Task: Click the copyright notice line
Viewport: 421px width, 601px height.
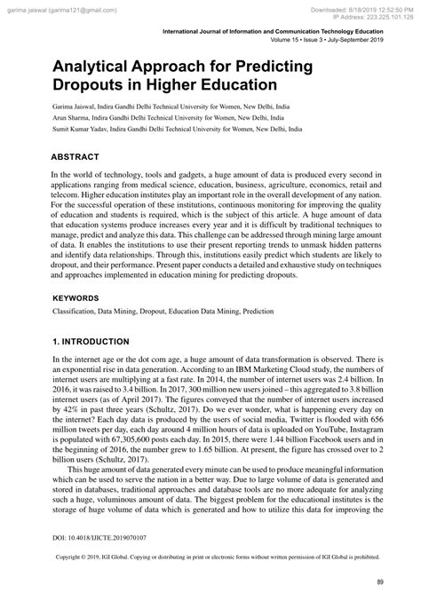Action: click(211, 558)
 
